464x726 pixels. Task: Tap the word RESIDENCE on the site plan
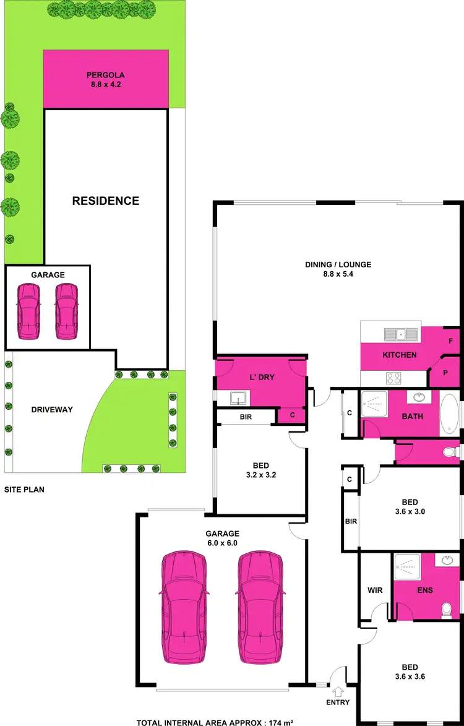pyautogui.click(x=106, y=201)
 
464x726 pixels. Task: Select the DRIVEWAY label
pyautogui.click(x=52, y=409)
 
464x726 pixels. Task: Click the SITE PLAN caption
pyautogui.click(x=24, y=489)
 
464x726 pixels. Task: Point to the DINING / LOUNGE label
pyautogui.click(x=338, y=264)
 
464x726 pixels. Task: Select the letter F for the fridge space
pyautogui.click(x=450, y=340)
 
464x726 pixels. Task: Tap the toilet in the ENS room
pyautogui.click(x=444, y=611)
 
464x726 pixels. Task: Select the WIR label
pyautogui.click(x=376, y=590)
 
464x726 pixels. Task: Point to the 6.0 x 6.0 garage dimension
pyautogui.click(x=223, y=543)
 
